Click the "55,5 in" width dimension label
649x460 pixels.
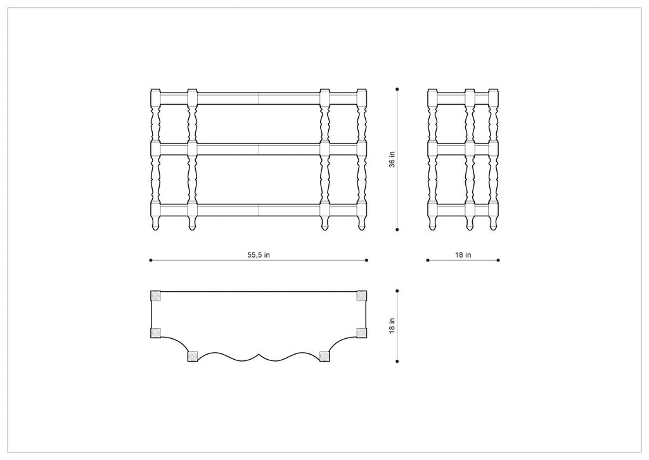pos(259,255)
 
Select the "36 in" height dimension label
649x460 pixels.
pos(392,159)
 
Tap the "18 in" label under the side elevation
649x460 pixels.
pos(463,255)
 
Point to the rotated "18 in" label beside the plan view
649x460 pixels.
pos(392,326)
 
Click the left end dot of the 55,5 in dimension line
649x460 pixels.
pos(150,260)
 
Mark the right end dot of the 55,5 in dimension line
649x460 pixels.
pos(368,260)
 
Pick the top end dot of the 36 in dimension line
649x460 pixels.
pos(397,89)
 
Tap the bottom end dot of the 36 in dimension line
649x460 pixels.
pos(397,230)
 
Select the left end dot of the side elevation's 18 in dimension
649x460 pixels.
pos(428,260)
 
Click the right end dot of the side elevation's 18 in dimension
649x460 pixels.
pos(499,260)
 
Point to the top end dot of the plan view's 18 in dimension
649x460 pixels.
pos(397,291)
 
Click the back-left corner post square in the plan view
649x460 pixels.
pos(155,296)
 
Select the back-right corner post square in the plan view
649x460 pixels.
pos(362,296)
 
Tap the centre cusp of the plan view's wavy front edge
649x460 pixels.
pos(259,353)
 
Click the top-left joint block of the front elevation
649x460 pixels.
pos(155,98)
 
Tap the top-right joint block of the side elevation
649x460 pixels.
pos(493,98)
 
